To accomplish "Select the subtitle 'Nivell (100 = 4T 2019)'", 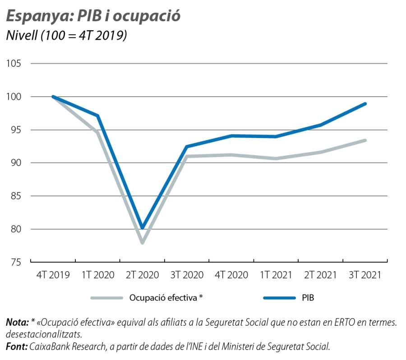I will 66,36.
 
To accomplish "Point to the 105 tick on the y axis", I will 14,64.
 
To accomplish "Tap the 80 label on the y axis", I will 15,229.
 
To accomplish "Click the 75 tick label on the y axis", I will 15,262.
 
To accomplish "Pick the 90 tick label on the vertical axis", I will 15,163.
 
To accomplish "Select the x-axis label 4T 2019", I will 53,275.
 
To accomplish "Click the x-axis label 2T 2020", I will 142,275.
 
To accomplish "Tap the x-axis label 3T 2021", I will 365,275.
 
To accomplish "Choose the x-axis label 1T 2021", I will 276,275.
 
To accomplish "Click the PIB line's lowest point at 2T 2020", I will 143,227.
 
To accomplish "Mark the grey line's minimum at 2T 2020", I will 143,242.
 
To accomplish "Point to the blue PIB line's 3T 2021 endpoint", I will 365,104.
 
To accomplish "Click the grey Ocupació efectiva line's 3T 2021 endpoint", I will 365,140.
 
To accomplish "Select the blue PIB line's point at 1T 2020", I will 97,116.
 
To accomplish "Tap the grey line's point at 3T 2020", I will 187,157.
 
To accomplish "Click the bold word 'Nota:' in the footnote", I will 17,323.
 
